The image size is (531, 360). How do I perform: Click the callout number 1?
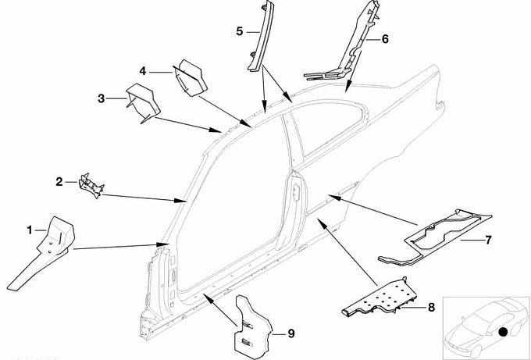pyautogui.click(x=30, y=230)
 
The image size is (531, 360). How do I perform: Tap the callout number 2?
pyautogui.click(x=59, y=182)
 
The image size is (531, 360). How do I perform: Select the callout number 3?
pyautogui.click(x=102, y=98)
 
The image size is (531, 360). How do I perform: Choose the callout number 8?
pyautogui.click(x=430, y=308)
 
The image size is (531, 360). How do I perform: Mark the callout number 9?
pyautogui.click(x=290, y=333)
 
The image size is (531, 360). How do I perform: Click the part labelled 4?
pyautogui.click(x=189, y=76)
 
